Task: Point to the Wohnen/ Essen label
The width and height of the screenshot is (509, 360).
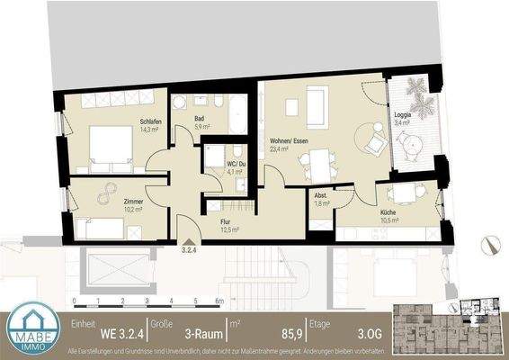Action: pos(288,140)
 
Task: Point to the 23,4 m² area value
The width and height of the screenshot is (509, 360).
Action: pos(279,149)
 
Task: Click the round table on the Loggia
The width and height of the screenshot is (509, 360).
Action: pos(410,145)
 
